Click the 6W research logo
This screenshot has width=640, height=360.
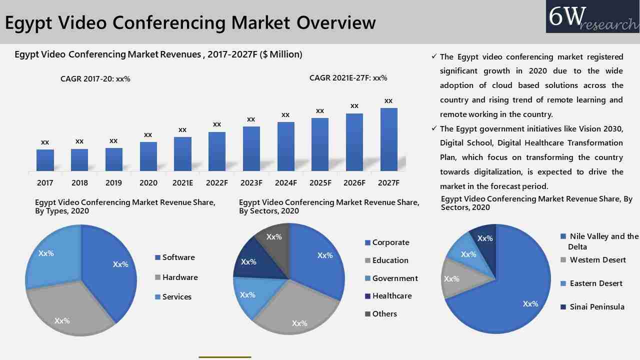click(592, 17)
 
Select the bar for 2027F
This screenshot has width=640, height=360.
click(388, 139)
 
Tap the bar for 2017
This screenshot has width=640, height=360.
click(45, 160)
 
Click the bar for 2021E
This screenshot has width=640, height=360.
click(182, 154)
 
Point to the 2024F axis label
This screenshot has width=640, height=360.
click(285, 183)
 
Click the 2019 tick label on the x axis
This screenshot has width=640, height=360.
click(113, 183)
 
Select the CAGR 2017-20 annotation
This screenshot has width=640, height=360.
click(95, 79)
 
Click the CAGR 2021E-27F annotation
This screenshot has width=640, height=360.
click(348, 78)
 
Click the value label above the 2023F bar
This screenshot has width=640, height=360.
click(251, 119)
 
